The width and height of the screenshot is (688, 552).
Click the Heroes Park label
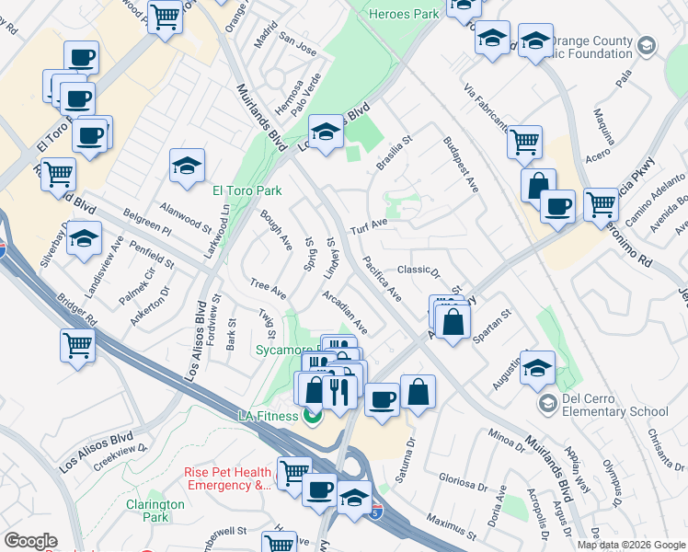[x=403, y=14]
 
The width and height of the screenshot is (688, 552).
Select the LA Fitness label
[x=270, y=416]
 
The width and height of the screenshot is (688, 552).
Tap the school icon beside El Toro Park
[x=187, y=167]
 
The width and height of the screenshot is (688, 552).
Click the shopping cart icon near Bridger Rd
[x=78, y=346]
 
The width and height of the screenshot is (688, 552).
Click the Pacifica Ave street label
[x=382, y=281]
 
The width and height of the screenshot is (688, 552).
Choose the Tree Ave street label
[x=269, y=289]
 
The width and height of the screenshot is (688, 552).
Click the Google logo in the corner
[x=30, y=540]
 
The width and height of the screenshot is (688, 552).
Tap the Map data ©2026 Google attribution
[x=630, y=545]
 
